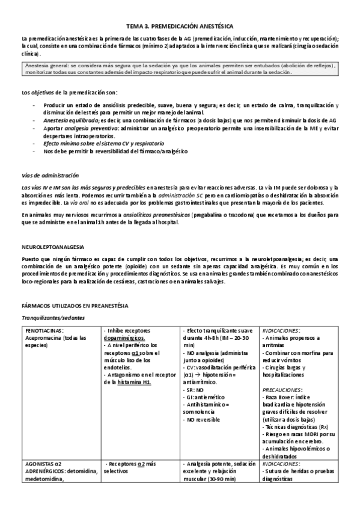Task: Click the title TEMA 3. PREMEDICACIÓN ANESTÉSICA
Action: [x=180, y=27]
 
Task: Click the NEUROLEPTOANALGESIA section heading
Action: [x=52, y=247]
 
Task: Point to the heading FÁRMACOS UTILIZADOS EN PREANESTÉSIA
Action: [x=74, y=306]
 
